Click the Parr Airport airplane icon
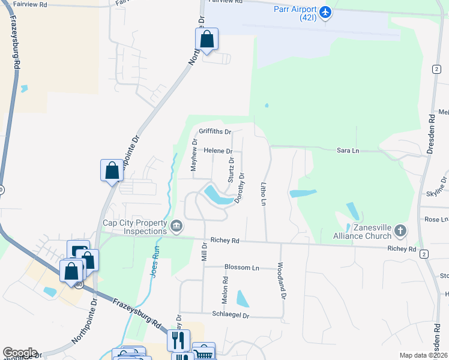point(325,12)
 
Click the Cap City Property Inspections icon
point(176,226)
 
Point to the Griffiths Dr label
point(215,131)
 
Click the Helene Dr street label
point(218,151)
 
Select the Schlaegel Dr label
point(230,314)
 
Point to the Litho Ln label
point(263,193)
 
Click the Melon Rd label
point(226,288)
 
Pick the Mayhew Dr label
point(194,155)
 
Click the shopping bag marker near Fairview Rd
point(206,40)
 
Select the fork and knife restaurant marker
point(178,341)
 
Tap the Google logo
point(20,353)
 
